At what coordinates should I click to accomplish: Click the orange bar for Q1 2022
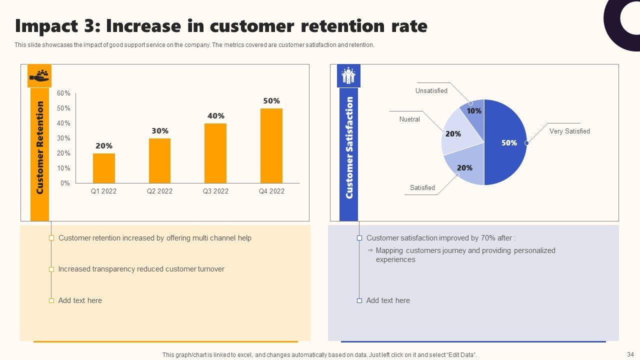[103, 168]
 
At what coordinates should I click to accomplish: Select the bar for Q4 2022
[271, 145]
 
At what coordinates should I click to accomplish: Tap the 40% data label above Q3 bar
[216, 115]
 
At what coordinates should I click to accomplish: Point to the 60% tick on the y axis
[63, 93]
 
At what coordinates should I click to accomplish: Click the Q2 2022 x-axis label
[159, 191]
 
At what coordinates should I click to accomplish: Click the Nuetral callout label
[409, 119]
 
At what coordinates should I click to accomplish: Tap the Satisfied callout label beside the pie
[422, 188]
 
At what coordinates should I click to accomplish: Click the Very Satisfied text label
[569, 131]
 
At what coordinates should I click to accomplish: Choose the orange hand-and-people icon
[39, 76]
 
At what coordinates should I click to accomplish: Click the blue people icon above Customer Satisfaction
[348, 76]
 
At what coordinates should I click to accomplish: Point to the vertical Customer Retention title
[40, 147]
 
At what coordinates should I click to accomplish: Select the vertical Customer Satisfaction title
[349, 147]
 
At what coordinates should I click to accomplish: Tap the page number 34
[629, 354]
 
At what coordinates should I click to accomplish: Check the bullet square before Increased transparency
[51, 269]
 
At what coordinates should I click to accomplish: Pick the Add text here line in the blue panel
[388, 300]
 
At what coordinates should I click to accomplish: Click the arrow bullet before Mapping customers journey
[370, 250]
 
